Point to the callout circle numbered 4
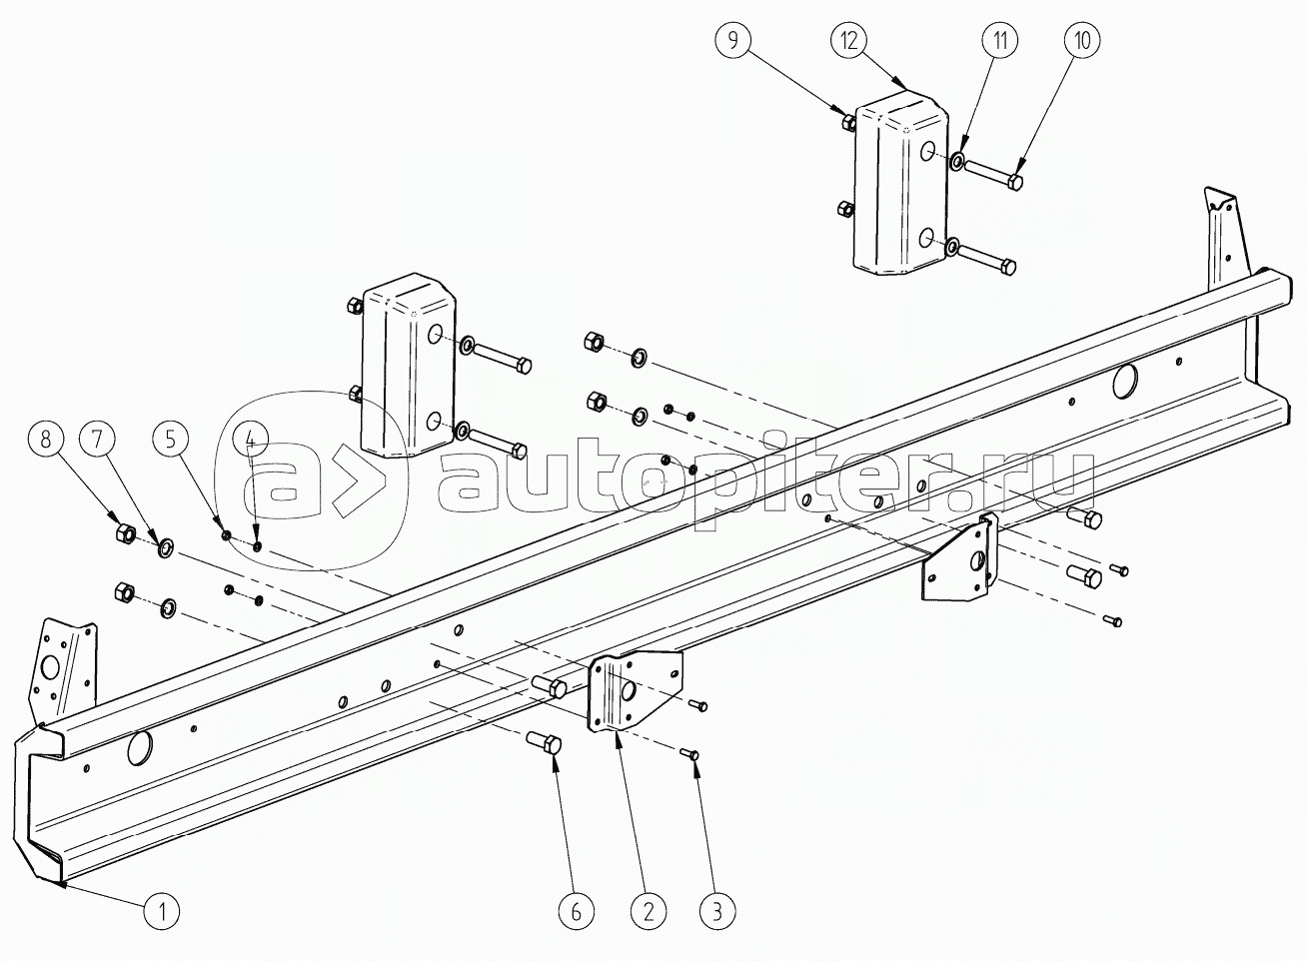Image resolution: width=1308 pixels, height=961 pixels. [250, 440]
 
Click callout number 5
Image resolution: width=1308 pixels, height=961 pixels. [171, 440]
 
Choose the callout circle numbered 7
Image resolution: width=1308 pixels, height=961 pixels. [98, 440]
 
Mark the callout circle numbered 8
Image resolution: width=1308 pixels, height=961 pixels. [45, 440]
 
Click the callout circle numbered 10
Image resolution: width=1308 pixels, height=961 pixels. [1082, 40]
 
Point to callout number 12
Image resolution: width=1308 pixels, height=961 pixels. [849, 40]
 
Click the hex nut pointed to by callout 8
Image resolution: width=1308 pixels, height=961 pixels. [126, 532]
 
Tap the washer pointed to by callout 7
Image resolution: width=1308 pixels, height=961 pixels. [166, 547]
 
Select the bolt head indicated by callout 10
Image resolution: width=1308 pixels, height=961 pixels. [1015, 182]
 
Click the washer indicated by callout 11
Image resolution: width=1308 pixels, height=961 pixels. [957, 161]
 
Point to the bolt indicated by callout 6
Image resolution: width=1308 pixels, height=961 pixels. [545, 745]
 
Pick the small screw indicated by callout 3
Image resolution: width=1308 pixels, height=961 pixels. [690, 755]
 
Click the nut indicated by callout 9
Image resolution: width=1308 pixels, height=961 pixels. [849, 122]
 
